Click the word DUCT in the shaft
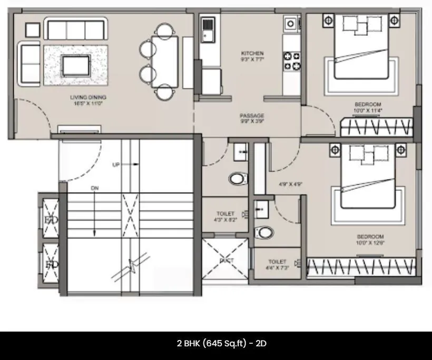click(x=227, y=261)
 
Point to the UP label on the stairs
click(x=116, y=165)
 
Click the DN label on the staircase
click(x=94, y=188)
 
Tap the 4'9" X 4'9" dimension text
click(x=289, y=184)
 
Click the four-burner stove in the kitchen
click(x=292, y=61)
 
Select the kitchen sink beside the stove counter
click(x=290, y=23)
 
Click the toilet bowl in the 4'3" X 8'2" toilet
click(x=238, y=178)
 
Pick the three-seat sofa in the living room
click(x=76, y=29)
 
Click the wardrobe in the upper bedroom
click(x=376, y=127)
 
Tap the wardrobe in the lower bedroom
click(x=361, y=267)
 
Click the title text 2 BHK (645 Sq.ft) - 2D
click(x=221, y=343)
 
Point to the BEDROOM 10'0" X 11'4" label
click(x=368, y=107)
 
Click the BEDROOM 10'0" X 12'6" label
click(x=370, y=239)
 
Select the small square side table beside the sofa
click(x=33, y=29)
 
